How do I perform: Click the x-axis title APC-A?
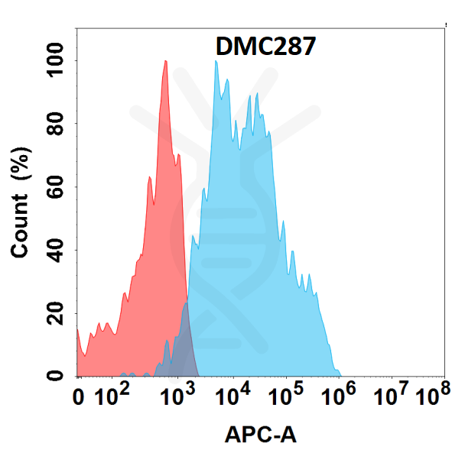[260, 435]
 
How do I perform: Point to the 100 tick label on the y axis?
[55, 60]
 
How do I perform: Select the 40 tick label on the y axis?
[55, 250]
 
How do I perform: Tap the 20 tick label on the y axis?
[55, 313]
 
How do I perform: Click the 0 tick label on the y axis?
[55, 376]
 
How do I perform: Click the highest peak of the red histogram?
[165, 61]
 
